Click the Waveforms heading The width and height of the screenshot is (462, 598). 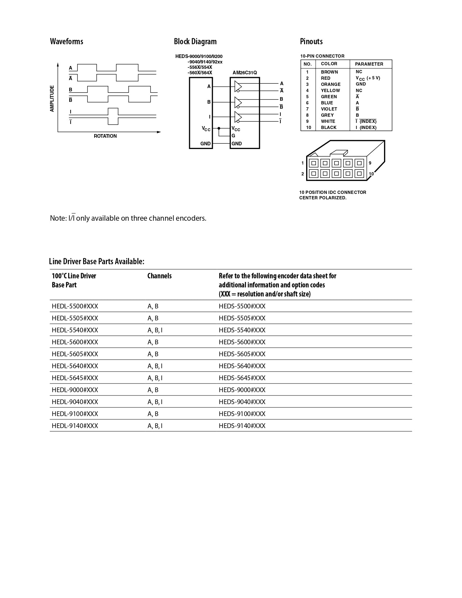click(66, 41)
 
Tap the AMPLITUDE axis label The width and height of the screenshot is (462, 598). click(52, 99)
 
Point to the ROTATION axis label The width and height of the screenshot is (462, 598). click(105, 136)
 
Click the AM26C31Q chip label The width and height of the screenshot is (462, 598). click(245, 73)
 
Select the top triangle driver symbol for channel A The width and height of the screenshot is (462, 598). click(238, 86)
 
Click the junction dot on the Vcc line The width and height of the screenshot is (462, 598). click(219, 128)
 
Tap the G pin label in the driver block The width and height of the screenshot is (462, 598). click(233, 136)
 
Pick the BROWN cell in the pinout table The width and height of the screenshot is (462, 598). click(329, 72)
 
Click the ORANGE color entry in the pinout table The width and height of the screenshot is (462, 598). click(330, 84)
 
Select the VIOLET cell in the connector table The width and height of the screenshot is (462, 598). click(329, 109)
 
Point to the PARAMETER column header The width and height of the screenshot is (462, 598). click(369, 64)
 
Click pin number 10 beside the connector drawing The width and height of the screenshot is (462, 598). click(371, 174)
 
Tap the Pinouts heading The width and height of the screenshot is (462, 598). click(311, 41)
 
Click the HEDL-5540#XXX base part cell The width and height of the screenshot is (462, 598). click(75, 330)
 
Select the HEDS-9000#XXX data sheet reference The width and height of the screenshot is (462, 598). click(242, 390)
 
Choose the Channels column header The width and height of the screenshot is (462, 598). click(159, 276)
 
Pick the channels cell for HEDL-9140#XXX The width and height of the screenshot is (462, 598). click(155, 426)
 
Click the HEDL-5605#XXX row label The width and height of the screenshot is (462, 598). click(75, 354)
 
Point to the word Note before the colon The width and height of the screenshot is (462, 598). click(57, 218)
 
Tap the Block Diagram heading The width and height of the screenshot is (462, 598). click(195, 41)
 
